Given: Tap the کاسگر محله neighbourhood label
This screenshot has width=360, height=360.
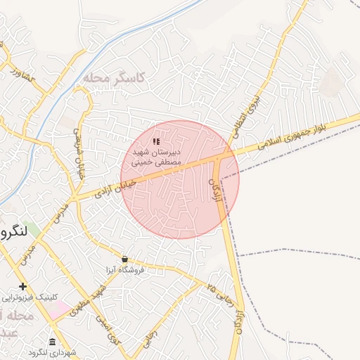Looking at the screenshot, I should point(113,77).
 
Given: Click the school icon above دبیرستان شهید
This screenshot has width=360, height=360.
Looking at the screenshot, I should point(156,142).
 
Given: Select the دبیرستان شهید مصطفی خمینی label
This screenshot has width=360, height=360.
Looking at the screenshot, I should point(156,156).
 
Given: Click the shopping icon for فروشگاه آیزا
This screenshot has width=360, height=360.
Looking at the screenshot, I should point(124,259).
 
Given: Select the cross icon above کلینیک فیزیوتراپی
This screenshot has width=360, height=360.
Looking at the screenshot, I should point(23,286).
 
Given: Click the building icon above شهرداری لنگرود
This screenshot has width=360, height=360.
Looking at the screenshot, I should point(53,342).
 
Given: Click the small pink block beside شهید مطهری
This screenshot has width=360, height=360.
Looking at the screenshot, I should point(60,308).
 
